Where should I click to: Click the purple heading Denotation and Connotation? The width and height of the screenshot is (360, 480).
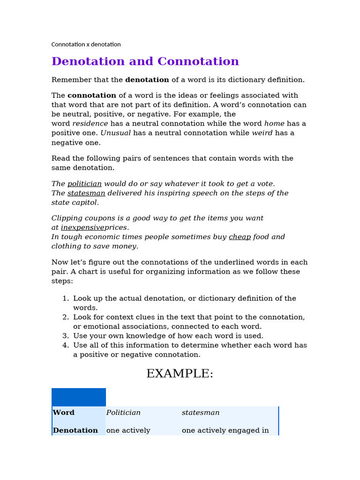click(x=145, y=61)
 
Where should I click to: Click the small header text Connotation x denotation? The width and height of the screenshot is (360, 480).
click(x=86, y=45)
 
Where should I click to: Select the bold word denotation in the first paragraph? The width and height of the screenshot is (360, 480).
click(x=147, y=80)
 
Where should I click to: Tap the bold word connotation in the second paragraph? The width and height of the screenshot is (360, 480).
click(x=92, y=96)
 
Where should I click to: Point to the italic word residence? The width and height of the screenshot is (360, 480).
click(x=90, y=124)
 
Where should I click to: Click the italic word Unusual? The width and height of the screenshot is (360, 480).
click(x=116, y=133)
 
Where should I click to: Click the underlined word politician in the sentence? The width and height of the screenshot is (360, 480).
click(x=84, y=184)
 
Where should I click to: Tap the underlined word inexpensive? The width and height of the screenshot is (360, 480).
click(x=82, y=228)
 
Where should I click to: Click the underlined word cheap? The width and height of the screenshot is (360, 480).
click(x=240, y=237)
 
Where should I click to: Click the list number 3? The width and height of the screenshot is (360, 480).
click(x=66, y=336)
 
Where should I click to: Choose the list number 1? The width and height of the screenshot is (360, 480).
click(x=66, y=299)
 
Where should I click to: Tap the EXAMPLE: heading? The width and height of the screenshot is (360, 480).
click(x=180, y=374)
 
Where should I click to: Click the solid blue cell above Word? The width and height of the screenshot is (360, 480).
click(x=79, y=397)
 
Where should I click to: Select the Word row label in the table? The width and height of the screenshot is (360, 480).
click(x=64, y=413)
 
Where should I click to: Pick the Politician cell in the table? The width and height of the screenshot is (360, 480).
click(x=123, y=413)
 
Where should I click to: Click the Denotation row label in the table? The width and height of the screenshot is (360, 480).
click(x=75, y=430)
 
